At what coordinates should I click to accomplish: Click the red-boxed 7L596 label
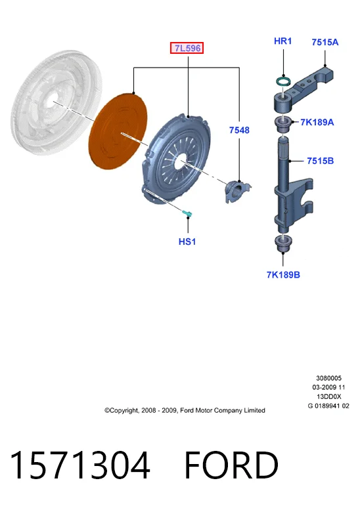tap(187, 48)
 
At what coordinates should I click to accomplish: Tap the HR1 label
tap(283, 41)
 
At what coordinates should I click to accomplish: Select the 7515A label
tap(325, 42)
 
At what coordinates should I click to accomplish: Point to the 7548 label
tap(239, 130)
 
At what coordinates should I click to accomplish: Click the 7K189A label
tap(317, 122)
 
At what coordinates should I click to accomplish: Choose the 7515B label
tap(320, 161)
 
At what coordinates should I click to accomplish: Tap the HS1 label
tap(187, 242)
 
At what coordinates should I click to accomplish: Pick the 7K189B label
tap(283, 275)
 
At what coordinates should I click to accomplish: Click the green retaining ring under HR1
tap(283, 81)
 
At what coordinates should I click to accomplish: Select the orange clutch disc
tap(118, 131)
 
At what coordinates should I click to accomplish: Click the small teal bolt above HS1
tap(187, 213)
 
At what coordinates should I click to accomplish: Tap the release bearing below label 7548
tap(236, 191)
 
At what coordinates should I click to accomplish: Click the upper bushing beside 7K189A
tap(283, 124)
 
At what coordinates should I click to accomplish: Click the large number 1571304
tap(80, 465)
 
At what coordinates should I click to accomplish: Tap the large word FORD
tap(231, 465)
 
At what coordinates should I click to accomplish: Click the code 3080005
tap(328, 378)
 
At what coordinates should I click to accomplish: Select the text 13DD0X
tap(328, 396)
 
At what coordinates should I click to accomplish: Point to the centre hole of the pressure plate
tap(179, 161)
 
